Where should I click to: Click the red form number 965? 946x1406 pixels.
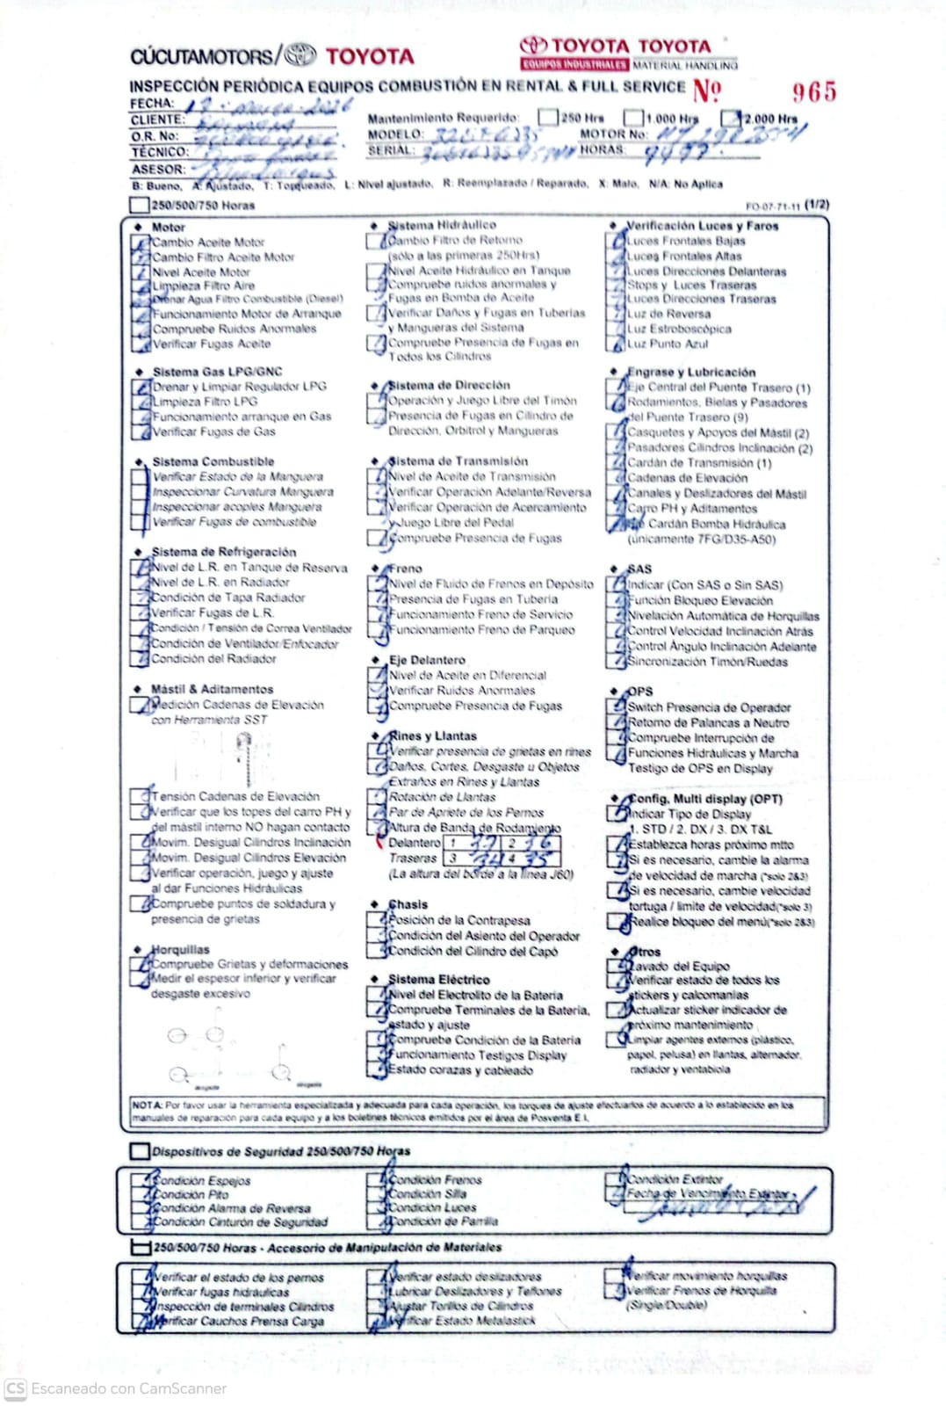tap(813, 92)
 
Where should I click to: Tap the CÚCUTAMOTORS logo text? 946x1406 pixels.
tap(202, 57)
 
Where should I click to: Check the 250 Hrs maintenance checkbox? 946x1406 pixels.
tap(548, 117)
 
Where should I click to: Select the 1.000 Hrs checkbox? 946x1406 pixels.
tap(633, 117)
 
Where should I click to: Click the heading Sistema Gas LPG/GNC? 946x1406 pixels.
tap(217, 372)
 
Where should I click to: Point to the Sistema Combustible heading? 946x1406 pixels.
tap(213, 461)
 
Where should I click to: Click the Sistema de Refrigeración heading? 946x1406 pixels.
tap(224, 552)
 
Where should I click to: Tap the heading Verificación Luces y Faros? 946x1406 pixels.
tap(702, 226)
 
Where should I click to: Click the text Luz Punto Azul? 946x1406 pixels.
tap(668, 344)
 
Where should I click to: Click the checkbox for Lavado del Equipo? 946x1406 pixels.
tap(617, 966)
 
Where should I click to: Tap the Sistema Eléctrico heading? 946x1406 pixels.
tap(439, 979)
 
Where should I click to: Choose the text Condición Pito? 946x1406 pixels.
tap(191, 1194)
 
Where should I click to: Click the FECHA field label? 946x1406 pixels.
tap(152, 104)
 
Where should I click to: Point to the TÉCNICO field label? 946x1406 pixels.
tap(160, 152)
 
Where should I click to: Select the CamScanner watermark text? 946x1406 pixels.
tap(128, 1388)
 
